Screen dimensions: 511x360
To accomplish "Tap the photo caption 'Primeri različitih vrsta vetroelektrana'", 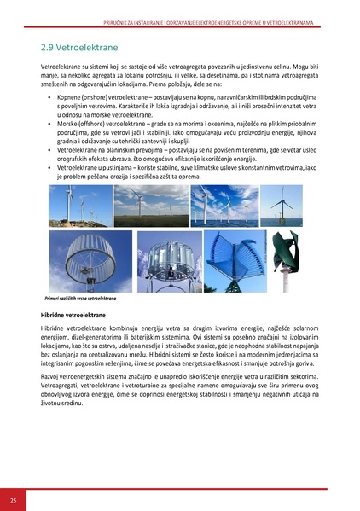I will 81,299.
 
